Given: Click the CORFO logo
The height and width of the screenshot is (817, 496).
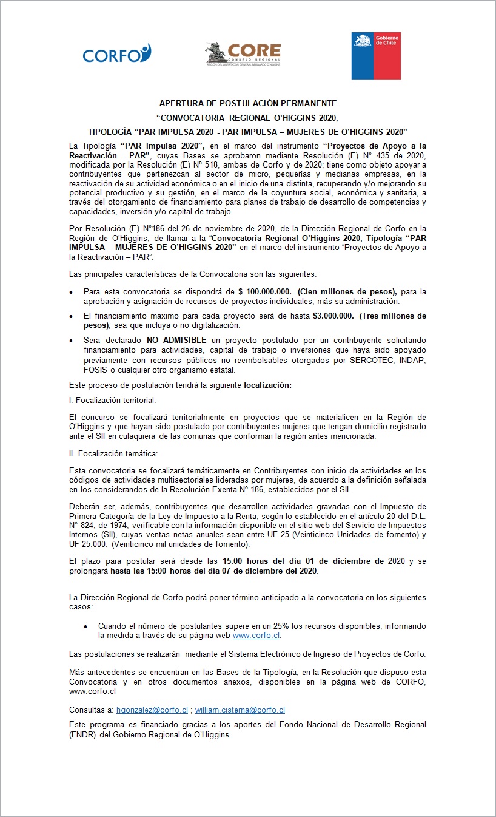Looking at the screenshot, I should tap(116, 54).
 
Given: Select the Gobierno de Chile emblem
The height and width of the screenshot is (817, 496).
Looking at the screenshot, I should tap(376, 56).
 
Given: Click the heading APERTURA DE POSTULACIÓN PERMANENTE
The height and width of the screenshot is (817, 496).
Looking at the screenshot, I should tap(248, 104).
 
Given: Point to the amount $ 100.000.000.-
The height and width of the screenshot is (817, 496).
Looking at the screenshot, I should tap(270, 292).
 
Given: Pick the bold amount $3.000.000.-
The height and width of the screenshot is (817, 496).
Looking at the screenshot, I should tap(335, 316).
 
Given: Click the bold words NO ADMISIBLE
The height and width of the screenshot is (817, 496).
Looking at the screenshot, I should tap(176, 341).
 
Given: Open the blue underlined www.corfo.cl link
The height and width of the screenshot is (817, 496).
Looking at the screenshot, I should tap(256, 636).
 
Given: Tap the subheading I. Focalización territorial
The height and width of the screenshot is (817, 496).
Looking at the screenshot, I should tap(112, 400).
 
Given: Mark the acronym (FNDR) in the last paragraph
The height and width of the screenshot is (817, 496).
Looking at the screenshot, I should tap(82, 734).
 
